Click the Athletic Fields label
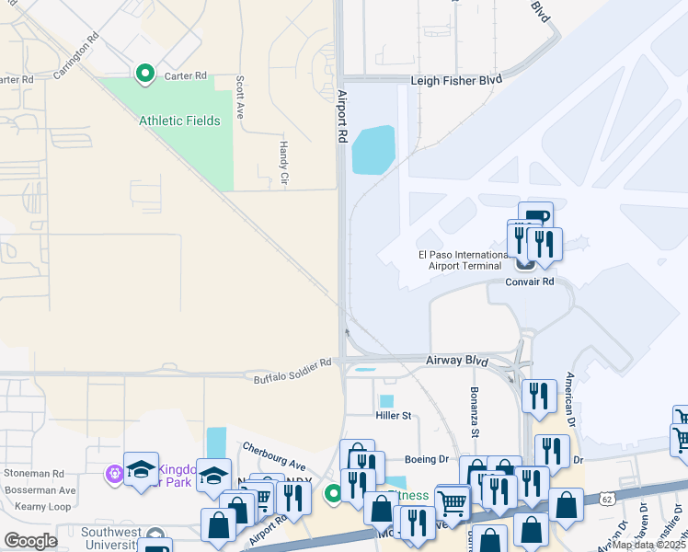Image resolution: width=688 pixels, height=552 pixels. (179, 121)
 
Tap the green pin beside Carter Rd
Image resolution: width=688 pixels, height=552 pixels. (144, 73)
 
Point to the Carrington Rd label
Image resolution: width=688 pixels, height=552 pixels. (76, 58)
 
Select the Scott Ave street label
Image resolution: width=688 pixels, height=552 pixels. (240, 97)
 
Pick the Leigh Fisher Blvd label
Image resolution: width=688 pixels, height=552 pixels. (456, 81)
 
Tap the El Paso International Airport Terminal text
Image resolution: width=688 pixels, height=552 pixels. (456, 260)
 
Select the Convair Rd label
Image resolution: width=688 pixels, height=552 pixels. (530, 282)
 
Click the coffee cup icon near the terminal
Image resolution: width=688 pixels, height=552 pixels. (535, 217)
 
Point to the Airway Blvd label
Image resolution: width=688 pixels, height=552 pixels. (456, 362)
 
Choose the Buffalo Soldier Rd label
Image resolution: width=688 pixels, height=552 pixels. (292, 370)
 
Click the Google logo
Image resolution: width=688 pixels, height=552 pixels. (30, 540)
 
